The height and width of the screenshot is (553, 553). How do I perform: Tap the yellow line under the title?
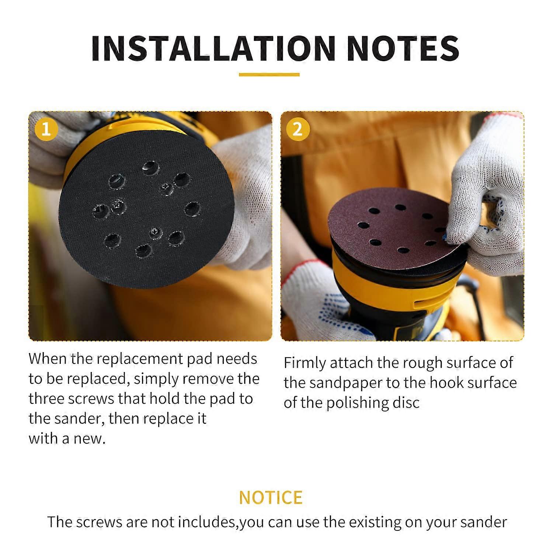pos(269,75)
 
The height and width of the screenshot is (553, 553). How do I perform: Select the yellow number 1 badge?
pos(46,129)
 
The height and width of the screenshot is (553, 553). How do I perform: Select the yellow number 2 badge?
pos(297,129)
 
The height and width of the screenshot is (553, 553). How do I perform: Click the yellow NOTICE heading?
pos(271,497)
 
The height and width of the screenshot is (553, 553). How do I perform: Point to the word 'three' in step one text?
pos(46,399)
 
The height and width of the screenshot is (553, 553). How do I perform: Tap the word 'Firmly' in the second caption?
pos(305,364)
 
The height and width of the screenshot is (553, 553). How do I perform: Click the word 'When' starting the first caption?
pos(47,359)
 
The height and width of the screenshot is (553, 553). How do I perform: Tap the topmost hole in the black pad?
pos(150,167)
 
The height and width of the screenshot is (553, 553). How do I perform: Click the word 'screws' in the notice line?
pos(100,522)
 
